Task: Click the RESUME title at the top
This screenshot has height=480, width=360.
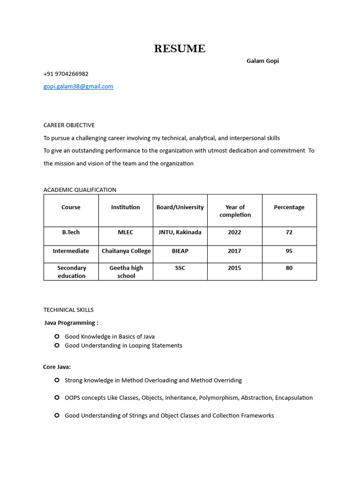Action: (x=180, y=49)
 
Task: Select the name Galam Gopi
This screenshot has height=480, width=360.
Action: (x=262, y=61)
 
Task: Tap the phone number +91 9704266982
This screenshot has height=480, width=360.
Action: (x=66, y=74)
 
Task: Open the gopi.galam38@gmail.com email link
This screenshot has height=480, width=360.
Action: (x=78, y=87)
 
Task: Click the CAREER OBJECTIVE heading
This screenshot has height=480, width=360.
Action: (x=69, y=125)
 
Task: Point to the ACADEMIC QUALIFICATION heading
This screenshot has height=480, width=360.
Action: (x=80, y=190)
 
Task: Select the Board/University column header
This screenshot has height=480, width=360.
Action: (x=180, y=207)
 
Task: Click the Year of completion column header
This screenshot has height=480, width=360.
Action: (x=235, y=211)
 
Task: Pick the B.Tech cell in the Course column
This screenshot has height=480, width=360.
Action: (x=71, y=232)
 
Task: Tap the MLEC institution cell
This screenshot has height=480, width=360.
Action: (x=126, y=232)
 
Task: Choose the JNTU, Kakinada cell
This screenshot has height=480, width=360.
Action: (x=180, y=232)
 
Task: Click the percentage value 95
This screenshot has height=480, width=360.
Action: (x=289, y=251)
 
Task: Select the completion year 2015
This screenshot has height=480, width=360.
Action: (x=234, y=268)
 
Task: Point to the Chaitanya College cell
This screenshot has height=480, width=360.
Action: (x=126, y=251)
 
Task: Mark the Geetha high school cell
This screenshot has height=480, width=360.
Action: (x=126, y=272)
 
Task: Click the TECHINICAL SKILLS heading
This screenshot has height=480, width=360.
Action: (x=68, y=310)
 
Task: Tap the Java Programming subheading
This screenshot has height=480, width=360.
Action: (x=71, y=323)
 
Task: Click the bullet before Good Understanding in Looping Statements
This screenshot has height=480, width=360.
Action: (x=57, y=345)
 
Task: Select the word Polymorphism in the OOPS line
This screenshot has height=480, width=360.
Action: (x=219, y=398)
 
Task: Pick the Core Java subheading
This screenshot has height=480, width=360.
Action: (x=57, y=367)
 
